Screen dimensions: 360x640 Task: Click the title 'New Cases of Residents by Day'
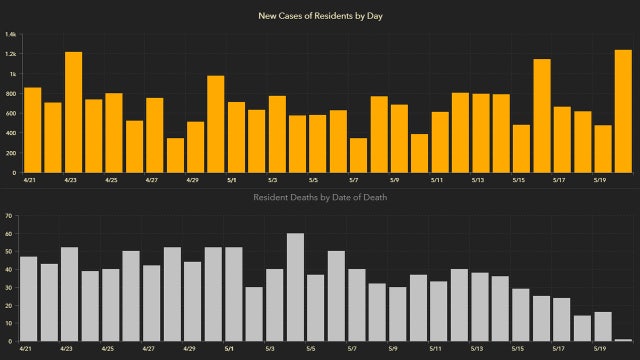319,15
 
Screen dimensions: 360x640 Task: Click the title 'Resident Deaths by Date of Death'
319,197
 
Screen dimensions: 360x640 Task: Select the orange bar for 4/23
73,111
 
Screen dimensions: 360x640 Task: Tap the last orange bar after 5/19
622,110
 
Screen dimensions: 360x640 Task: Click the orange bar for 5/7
359,154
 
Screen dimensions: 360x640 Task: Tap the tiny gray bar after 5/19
622,340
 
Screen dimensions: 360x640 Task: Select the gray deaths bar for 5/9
398,314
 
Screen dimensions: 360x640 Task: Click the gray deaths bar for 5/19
603,326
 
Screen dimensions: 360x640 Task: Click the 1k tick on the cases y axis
12,74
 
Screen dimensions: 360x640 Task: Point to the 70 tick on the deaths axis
9,215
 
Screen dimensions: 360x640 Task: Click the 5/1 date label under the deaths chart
230,350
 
